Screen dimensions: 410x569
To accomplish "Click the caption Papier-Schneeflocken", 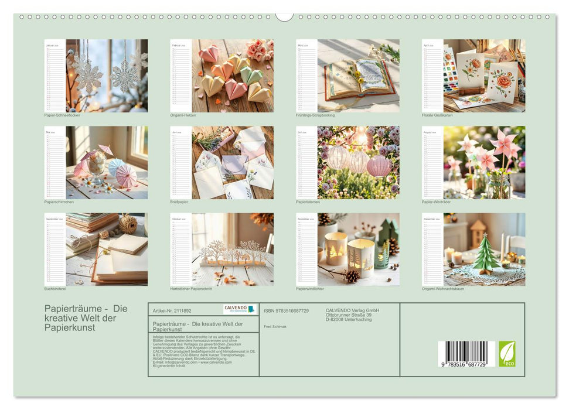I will coord(62,115).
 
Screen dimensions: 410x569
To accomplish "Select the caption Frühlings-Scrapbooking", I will coord(315,115).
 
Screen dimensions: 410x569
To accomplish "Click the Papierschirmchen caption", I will coord(60,202).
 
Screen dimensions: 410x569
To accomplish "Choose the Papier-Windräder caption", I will coord(436,202).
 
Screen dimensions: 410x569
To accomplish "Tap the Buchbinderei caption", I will coord(56,289).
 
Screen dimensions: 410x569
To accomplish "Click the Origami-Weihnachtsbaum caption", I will coord(442,289).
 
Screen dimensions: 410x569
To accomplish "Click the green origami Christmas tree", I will coord(486,253).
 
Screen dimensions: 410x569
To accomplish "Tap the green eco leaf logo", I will coord(507,354).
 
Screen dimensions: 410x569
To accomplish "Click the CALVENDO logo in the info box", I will coord(240,309).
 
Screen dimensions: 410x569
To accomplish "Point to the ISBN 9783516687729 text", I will coord(286,311).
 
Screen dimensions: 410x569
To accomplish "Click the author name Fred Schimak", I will coord(275,326).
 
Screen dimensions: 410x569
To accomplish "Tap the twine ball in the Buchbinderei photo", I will coord(128,224).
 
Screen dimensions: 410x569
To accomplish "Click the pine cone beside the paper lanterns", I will coord(352,276).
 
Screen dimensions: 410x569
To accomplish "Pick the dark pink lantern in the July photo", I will coord(379,165).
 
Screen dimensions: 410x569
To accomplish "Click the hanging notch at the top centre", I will coord(284,16).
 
